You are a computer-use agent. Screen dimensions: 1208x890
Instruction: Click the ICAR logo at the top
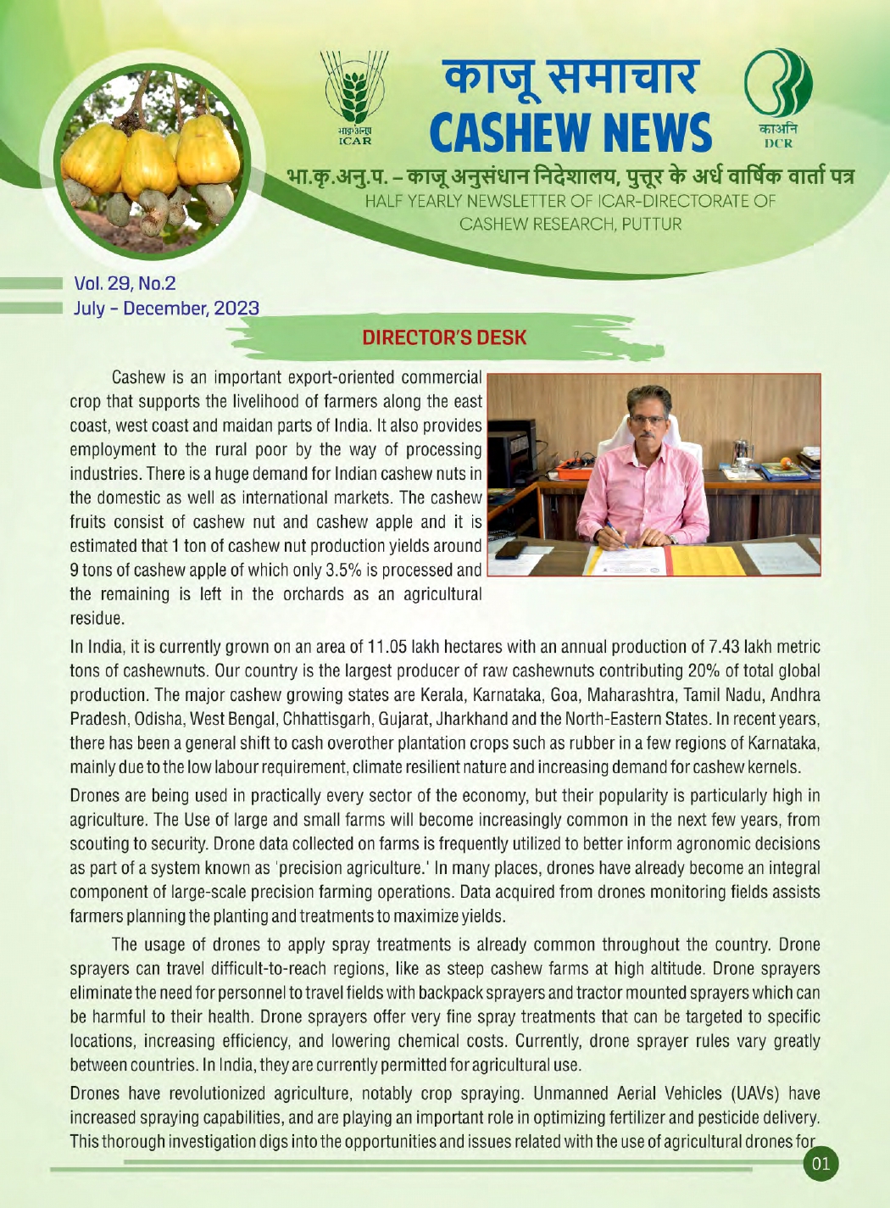tap(355, 97)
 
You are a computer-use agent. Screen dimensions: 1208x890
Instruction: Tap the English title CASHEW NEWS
tap(570, 134)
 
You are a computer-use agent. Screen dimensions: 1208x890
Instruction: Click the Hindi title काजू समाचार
tap(572, 77)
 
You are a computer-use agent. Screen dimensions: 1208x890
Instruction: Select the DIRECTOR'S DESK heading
tap(444, 337)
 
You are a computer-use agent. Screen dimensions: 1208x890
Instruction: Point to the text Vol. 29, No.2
tap(125, 283)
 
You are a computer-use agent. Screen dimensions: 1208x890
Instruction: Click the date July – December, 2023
tap(166, 308)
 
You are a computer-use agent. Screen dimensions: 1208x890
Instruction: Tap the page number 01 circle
tap(820, 1164)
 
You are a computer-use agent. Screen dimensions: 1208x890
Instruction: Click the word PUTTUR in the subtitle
tap(651, 225)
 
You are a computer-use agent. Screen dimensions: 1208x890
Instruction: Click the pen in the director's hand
tap(612, 533)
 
